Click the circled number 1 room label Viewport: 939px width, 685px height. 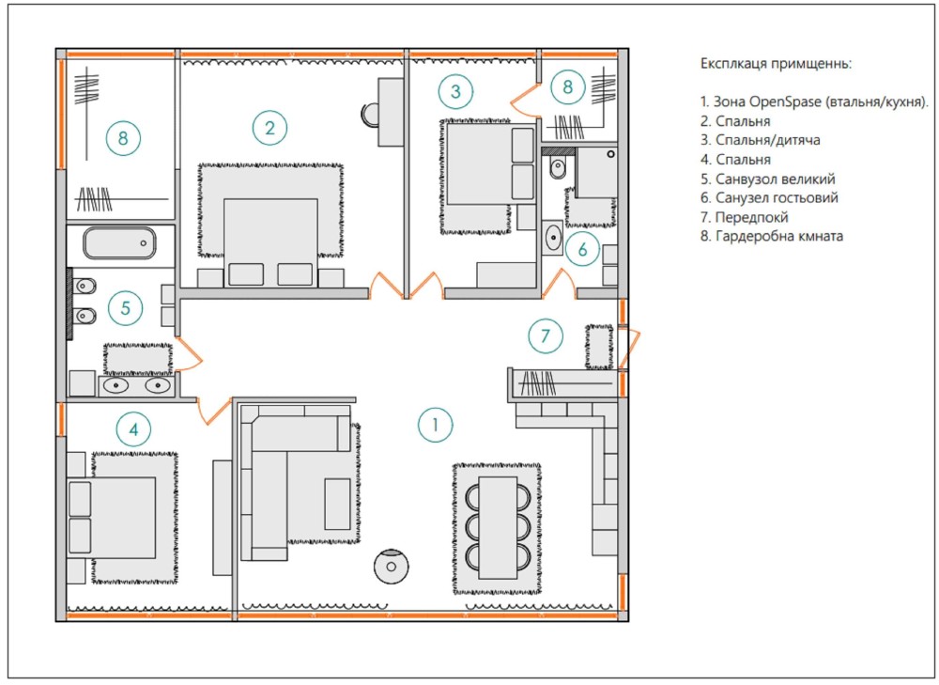coord(435,425)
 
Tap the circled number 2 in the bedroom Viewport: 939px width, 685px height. coord(269,128)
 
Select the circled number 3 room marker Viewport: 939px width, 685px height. coord(455,91)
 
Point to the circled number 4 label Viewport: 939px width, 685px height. coord(133,429)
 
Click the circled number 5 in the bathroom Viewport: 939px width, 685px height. coord(125,308)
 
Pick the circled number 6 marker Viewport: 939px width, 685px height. coord(583,249)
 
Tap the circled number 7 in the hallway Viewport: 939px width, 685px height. coord(545,335)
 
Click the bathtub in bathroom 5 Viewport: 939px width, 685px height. coord(119,242)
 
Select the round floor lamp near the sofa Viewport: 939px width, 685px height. coord(391,567)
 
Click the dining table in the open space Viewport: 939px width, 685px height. coord(498,527)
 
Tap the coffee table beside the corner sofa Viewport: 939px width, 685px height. coord(338,504)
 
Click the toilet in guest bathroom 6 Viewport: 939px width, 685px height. coord(558,168)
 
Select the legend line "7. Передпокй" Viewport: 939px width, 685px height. coord(745,217)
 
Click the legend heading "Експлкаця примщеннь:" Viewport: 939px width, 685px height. coord(777,64)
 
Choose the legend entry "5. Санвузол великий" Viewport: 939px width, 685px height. coord(768,179)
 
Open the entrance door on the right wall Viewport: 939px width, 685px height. coord(630,349)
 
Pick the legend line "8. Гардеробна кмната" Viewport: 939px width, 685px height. coord(772,236)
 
